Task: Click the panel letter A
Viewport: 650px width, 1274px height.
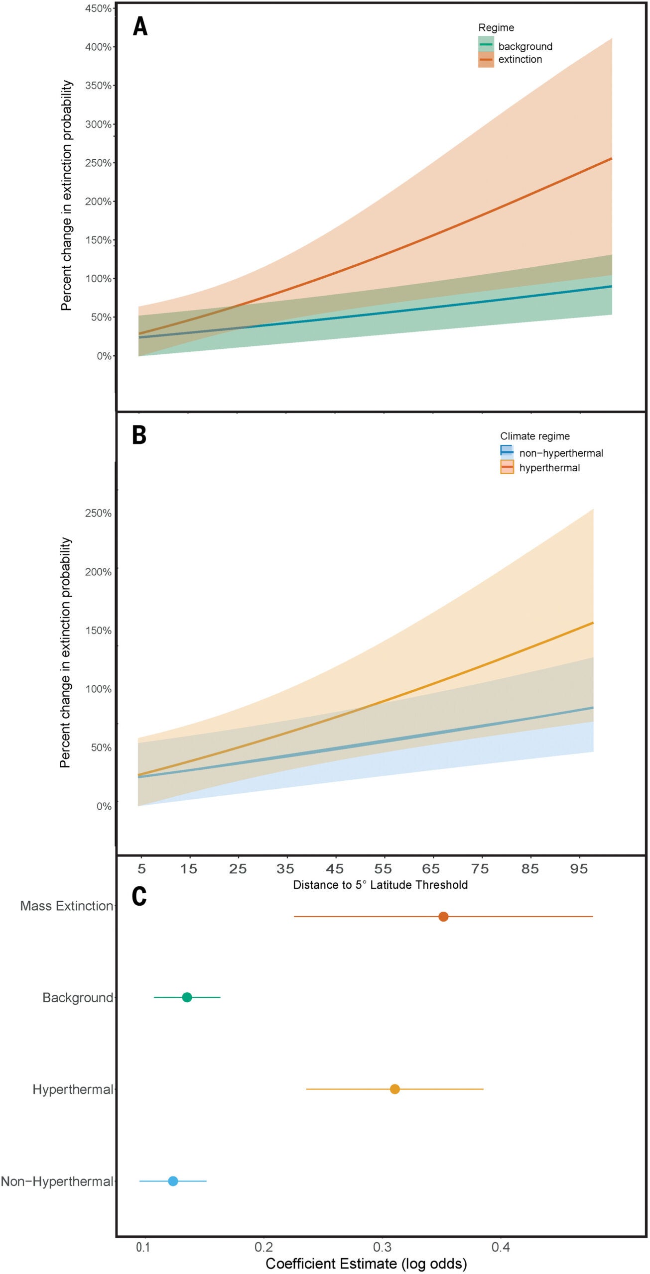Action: click(140, 27)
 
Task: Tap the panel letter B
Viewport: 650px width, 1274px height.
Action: click(139, 435)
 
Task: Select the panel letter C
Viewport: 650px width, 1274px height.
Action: click(139, 897)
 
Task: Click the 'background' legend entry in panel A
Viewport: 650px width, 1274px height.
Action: click(525, 46)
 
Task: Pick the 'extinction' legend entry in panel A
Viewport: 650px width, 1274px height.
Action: click(520, 59)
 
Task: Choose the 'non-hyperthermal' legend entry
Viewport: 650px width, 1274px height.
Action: click(561, 453)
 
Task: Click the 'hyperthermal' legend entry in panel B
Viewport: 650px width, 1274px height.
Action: click(549, 468)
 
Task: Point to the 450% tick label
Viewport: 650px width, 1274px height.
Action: click(98, 8)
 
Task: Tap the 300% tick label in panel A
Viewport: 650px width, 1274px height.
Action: click(98, 124)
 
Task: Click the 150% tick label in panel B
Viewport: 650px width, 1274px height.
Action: click(98, 630)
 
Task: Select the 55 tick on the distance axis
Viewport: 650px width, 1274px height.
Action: click(383, 869)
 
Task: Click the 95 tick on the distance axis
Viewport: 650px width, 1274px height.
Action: click(579, 869)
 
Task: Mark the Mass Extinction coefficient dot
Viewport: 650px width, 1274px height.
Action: click(443, 917)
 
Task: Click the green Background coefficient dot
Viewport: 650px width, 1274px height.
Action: click(187, 997)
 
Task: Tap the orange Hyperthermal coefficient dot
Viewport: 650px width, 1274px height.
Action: click(394, 1089)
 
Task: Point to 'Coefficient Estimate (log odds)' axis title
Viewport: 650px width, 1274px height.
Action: click(366, 1264)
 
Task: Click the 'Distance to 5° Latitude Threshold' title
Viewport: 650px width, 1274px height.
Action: click(380, 885)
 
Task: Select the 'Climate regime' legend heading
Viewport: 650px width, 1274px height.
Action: click(534, 436)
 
